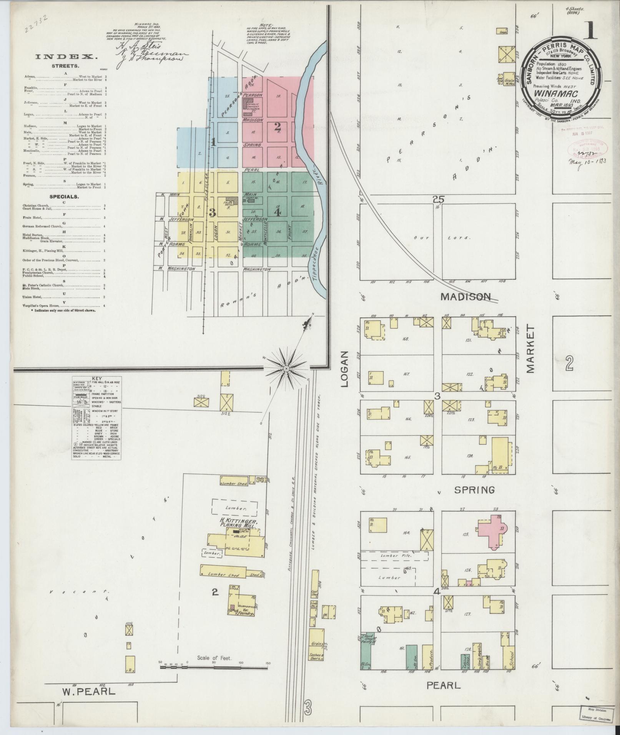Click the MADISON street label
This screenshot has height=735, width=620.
pyautogui.click(x=465, y=297)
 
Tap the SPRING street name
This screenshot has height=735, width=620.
pyautogui.click(x=474, y=490)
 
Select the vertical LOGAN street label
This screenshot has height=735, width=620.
pyautogui.click(x=344, y=369)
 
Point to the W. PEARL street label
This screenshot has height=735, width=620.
pyautogui.click(x=89, y=691)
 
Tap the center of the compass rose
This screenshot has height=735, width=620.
pyautogui.click(x=286, y=369)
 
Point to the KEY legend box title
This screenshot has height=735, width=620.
pyautogui.click(x=97, y=378)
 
